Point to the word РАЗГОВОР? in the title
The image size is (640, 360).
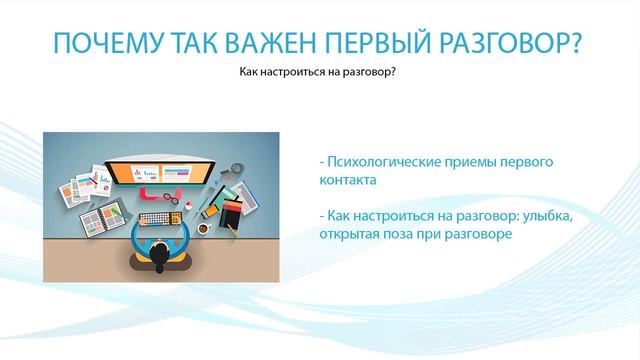click(521, 44)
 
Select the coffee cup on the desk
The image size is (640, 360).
click(204, 228)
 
